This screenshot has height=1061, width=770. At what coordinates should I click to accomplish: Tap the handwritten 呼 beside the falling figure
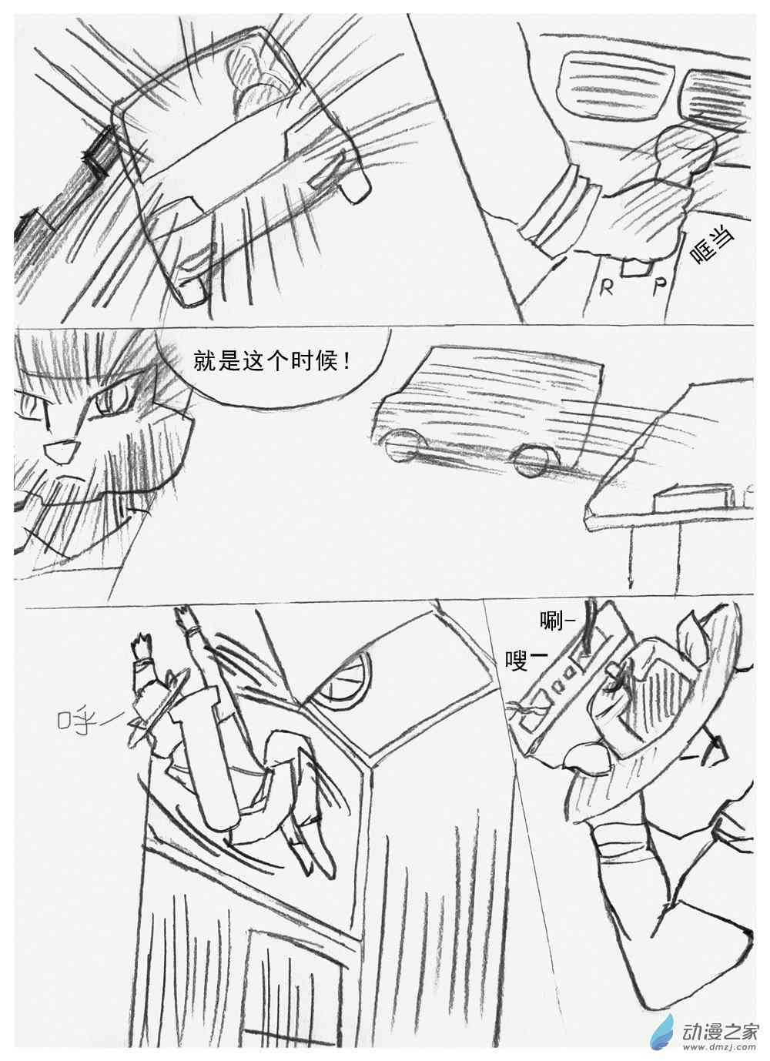[x=85, y=721]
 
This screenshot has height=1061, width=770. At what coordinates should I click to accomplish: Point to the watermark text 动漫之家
[x=718, y=1021]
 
